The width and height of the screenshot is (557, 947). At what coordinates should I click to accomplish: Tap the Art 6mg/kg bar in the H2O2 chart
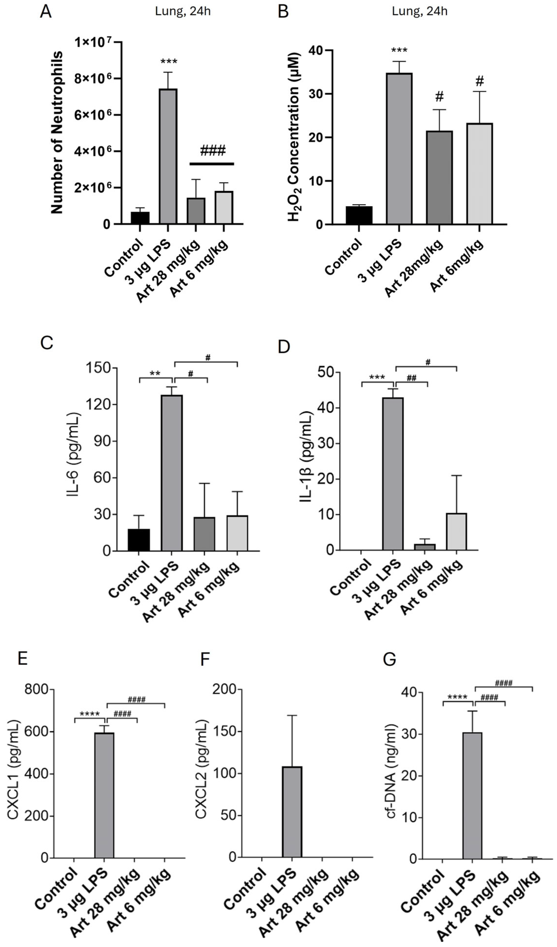coord(479,174)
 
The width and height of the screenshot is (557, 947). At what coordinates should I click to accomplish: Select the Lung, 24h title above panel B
coord(420,11)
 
